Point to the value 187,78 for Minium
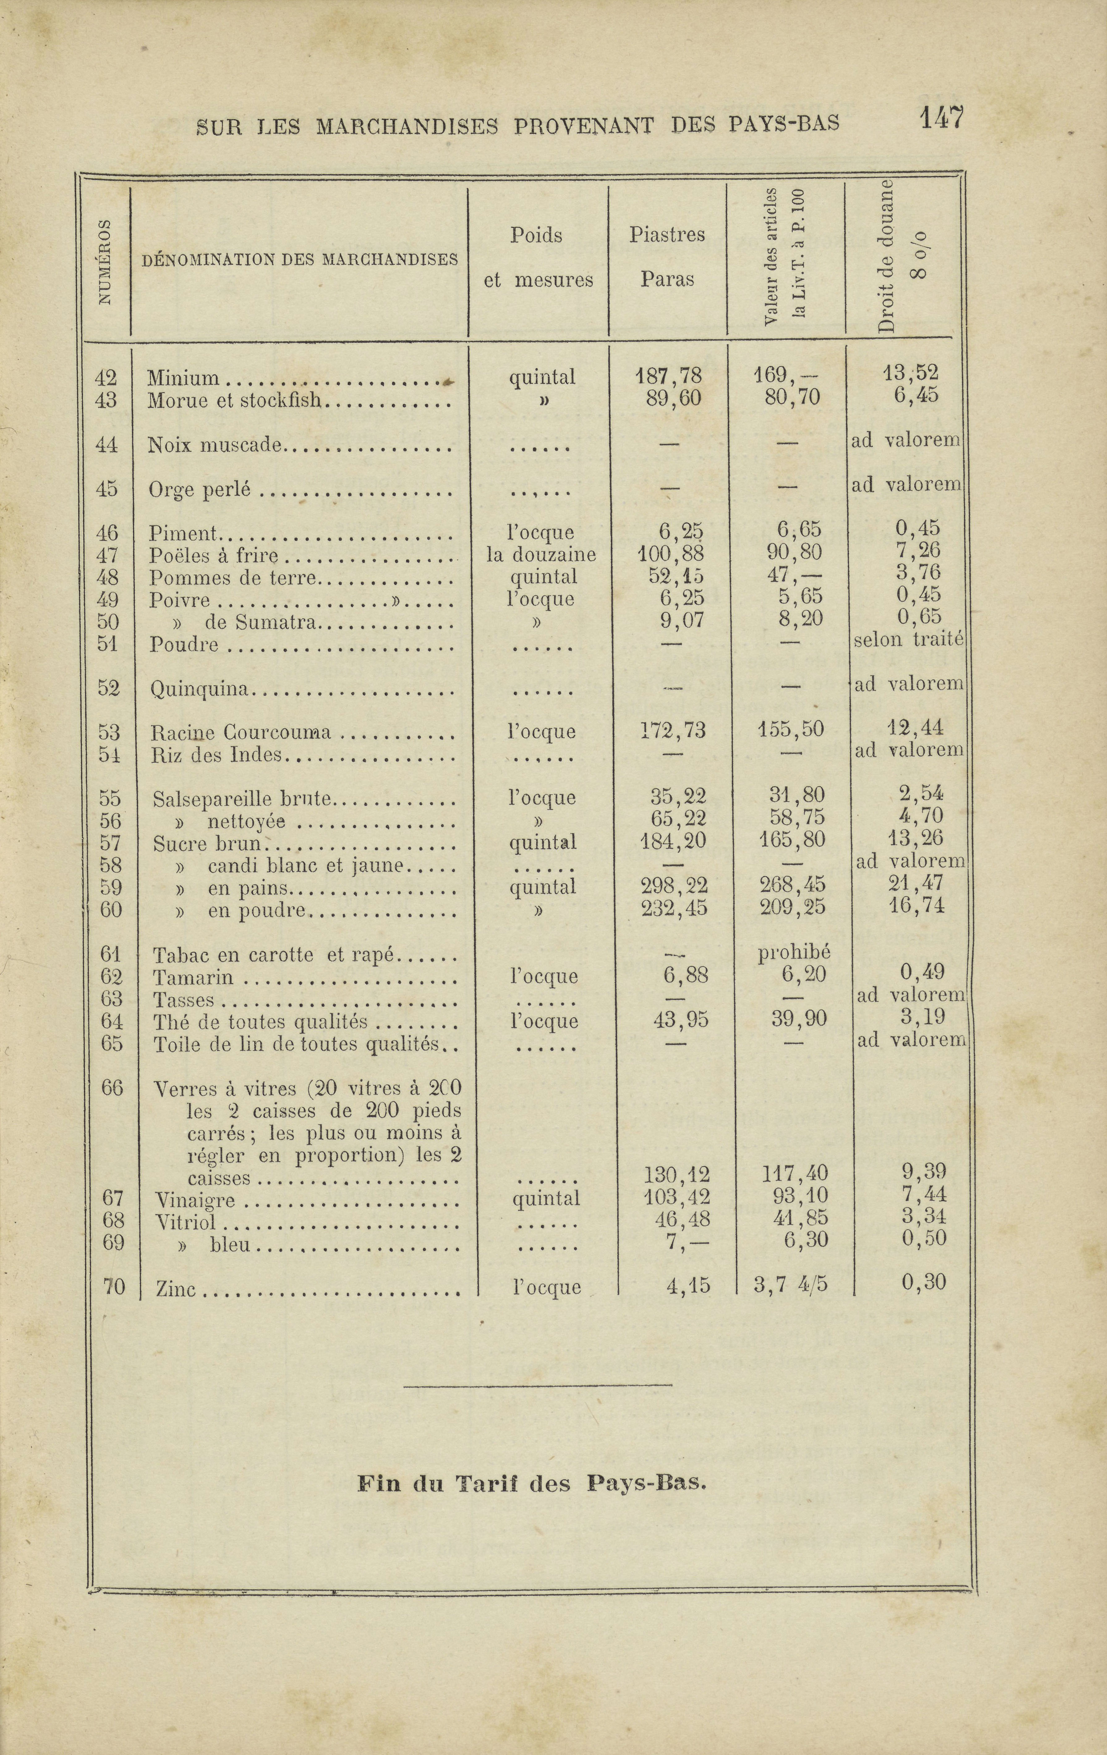tap(668, 376)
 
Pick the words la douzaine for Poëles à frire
tap(542, 555)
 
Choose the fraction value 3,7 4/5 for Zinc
tap(791, 1285)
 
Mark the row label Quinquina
tap(200, 689)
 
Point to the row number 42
tap(106, 377)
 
